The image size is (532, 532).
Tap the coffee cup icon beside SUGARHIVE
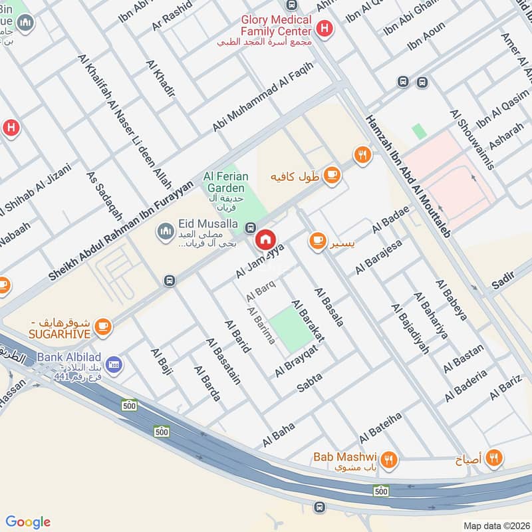click(x=102, y=325)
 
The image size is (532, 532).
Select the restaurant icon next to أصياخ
click(x=493, y=458)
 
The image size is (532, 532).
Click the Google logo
click(x=28, y=522)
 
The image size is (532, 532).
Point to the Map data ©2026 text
click(x=495, y=525)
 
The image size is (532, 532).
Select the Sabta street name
click(x=309, y=382)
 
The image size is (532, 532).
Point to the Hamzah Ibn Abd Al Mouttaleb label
click(x=408, y=176)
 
